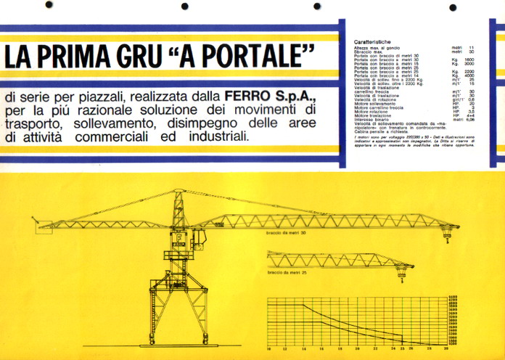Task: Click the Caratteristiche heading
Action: [375, 41]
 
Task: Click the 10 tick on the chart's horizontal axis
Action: [268, 348]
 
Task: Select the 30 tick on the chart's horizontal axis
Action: [445, 348]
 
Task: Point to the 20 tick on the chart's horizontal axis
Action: [356, 348]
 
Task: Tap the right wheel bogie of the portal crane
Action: [208, 339]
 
